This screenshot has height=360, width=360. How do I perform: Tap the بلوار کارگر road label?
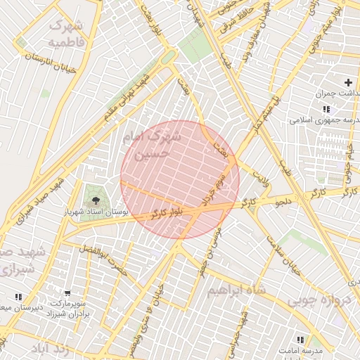coord(167,211)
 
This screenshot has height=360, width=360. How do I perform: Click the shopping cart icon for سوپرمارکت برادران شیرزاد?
coord(67,293)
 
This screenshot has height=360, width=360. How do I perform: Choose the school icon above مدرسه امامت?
coord(301,340)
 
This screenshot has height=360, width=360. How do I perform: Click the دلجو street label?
coord(283,202)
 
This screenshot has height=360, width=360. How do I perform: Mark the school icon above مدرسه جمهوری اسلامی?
coord(326,109)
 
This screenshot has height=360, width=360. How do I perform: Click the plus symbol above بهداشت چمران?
coord(347,82)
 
